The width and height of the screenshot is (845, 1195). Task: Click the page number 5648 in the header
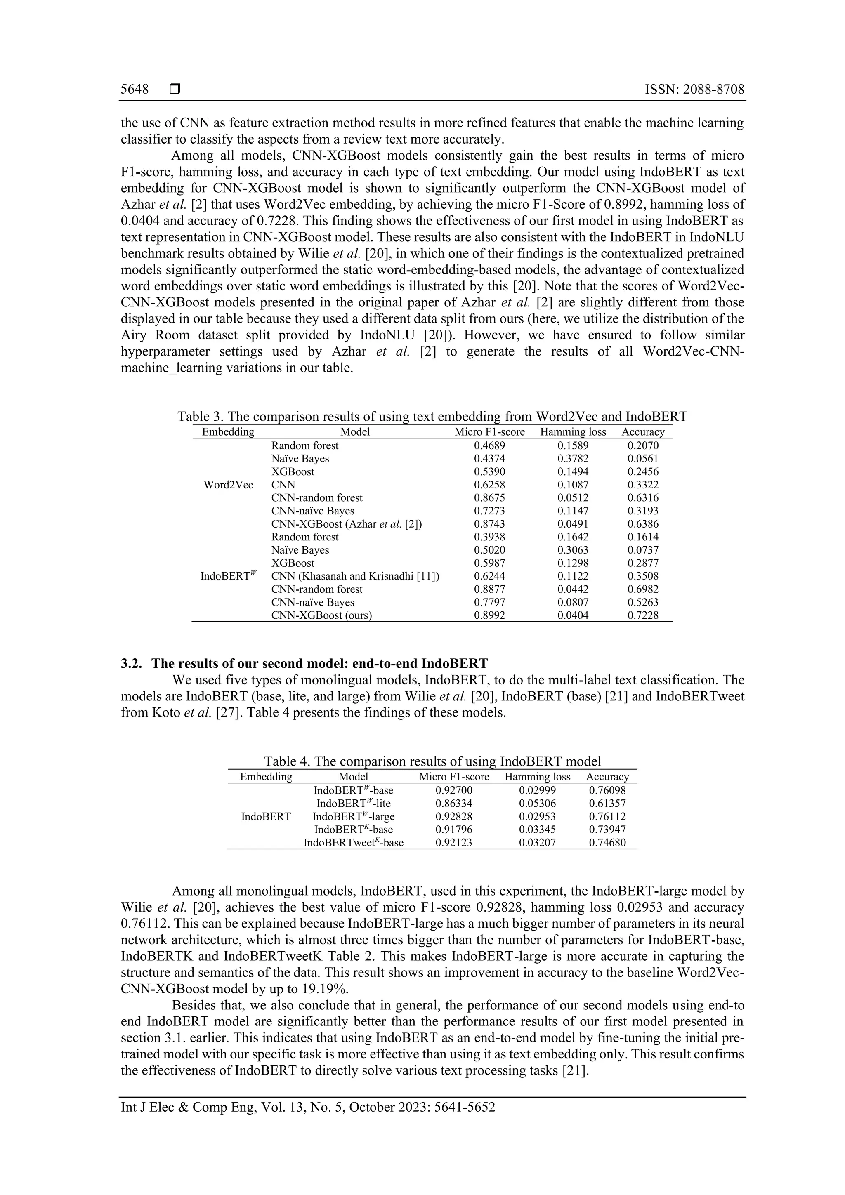pyautogui.click(x=135, y=90)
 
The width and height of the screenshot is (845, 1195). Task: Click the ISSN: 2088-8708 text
pyautogui.click(x=694, y=90)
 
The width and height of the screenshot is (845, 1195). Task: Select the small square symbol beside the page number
pyautogui.click(x=175, y=90)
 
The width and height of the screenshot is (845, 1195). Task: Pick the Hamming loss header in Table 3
pyautogui.click(x=573, y=432)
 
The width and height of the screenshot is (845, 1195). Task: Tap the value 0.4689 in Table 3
pyautogui.click(x=489, y=445)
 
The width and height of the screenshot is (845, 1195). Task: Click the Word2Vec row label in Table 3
pyautogui.click(x=228, y=485)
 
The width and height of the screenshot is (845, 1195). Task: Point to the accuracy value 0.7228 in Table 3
pyautogui.click(x=643, y=615)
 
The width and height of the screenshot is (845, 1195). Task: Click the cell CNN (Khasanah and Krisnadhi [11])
pyautogui.click(x=355, y=576)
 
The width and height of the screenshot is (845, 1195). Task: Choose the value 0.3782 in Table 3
pyautogui.click(x=573, y=459)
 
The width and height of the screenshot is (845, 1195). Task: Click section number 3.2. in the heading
pyautogui.click(x=132, y=664)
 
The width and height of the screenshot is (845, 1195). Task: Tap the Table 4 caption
pyautogui.click(x=432, y=761)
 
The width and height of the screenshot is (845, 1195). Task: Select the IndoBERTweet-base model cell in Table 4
pyautogui.click(x=354, y=843)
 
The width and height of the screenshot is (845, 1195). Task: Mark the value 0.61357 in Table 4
pyautogui.click(x=607, y=804)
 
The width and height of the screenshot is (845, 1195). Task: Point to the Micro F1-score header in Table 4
pyautogui.click(x=454, y=777)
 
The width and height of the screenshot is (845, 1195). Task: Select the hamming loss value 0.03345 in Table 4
pyautogui.click(x=537, y=830)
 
